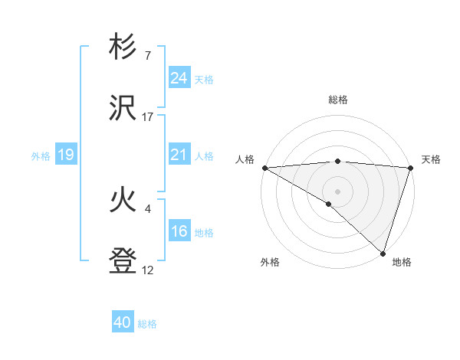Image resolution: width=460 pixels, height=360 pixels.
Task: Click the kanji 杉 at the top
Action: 123,47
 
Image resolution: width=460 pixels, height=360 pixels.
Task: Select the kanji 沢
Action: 123,108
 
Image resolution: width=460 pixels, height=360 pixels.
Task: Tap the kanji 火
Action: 123,200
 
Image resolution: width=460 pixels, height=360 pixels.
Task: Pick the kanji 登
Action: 123,261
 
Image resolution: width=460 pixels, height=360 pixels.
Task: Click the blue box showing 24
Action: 179,78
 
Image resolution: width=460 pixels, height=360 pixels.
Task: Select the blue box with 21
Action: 179,155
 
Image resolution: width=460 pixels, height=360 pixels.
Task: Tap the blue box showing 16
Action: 179,231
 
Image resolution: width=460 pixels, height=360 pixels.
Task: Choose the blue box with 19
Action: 65,155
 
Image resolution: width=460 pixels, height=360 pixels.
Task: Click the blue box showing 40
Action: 123,322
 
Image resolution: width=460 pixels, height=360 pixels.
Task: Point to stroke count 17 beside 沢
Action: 148,117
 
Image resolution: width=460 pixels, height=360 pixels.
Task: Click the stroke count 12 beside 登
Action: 148,270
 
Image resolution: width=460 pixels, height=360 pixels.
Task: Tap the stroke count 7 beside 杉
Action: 147,56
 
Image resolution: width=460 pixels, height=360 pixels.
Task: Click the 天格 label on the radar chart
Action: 431,159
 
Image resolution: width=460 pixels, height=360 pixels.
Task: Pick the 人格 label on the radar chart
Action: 245,159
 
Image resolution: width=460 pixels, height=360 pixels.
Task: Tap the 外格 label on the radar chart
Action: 270,262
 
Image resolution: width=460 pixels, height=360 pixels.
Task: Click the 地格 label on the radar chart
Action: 402,262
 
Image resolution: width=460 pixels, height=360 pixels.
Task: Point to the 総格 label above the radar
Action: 337,100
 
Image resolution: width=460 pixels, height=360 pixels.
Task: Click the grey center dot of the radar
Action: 337,191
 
